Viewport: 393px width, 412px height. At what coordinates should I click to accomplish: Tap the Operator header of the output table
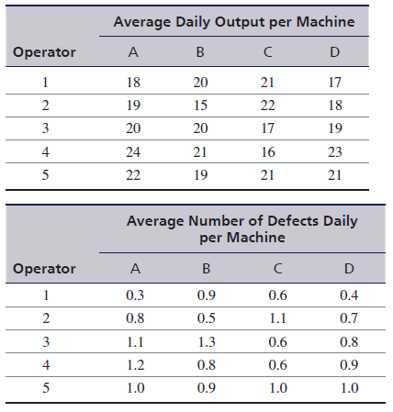(44, 52)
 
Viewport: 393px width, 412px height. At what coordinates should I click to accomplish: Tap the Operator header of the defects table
(44, 269)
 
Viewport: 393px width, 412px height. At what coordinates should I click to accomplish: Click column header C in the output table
(267, 52)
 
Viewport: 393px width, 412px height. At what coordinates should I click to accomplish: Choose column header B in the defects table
(207, 269)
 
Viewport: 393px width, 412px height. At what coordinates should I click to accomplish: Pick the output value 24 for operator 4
(133, 152)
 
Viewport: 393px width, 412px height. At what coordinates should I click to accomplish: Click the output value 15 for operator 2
(200, 106)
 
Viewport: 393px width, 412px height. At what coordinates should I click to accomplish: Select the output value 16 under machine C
(268, 152)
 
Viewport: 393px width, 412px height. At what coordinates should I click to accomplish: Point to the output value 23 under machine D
(335, 152)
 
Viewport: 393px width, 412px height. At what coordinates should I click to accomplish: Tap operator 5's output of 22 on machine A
(133, 175)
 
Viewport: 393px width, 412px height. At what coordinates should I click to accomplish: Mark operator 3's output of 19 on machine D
(335, 128)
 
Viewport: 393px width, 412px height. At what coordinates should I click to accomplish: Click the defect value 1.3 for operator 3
(207, 341)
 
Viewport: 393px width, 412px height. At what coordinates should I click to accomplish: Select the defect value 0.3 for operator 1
(135, 295)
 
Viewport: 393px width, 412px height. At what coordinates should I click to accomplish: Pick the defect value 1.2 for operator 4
(135, 365)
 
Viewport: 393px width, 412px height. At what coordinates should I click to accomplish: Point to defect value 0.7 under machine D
(349, 318)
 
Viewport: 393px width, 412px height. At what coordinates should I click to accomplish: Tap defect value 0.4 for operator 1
(349, 295)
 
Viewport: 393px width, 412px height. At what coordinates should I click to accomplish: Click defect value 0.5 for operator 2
(207, 318)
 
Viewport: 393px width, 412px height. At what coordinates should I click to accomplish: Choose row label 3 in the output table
(45, 128)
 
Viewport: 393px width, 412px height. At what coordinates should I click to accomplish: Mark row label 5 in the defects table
(46, 388)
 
